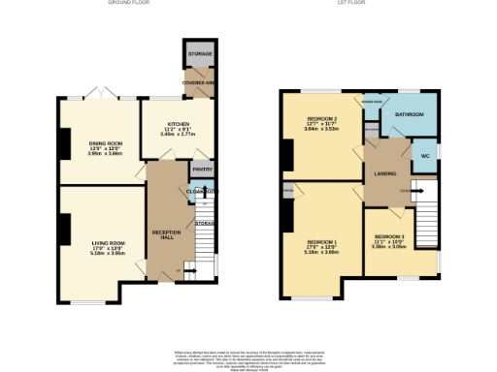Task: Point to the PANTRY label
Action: tap(202, 170)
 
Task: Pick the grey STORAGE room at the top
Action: tap(201, 54)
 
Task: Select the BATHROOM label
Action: tap(409, 114)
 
